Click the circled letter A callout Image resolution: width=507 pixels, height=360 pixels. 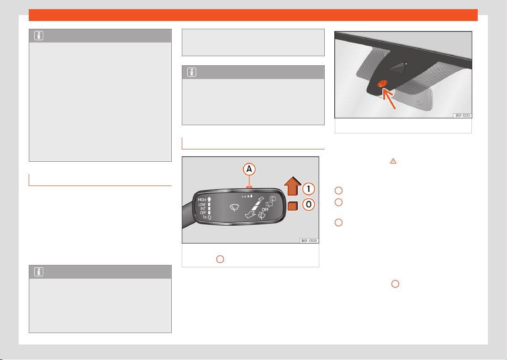[249, 169]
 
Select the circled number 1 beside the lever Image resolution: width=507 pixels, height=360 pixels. [308, 189]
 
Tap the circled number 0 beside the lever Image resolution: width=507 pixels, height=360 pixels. [308, 204]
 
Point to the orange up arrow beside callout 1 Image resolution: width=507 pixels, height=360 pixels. [293, 186]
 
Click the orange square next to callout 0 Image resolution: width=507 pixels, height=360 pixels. [292, 206]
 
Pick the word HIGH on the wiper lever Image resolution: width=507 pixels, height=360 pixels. [202, 200]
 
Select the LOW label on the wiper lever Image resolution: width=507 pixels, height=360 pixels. [202, 204]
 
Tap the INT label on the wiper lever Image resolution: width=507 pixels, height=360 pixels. [203, 209]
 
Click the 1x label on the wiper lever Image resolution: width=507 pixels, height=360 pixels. [204, 217]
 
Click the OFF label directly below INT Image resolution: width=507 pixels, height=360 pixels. [203, 213]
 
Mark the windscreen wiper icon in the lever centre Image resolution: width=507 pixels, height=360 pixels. [234, 208]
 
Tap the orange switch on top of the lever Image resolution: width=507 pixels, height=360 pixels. [249, 187]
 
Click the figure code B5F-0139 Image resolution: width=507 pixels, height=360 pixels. [309, 241]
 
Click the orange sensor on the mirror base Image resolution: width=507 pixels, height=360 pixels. [382, 84]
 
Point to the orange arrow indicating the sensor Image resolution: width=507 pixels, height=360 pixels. [388, 99]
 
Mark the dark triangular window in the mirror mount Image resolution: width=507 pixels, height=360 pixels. [397, 67]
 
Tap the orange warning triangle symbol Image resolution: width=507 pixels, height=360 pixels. [393, 161]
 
